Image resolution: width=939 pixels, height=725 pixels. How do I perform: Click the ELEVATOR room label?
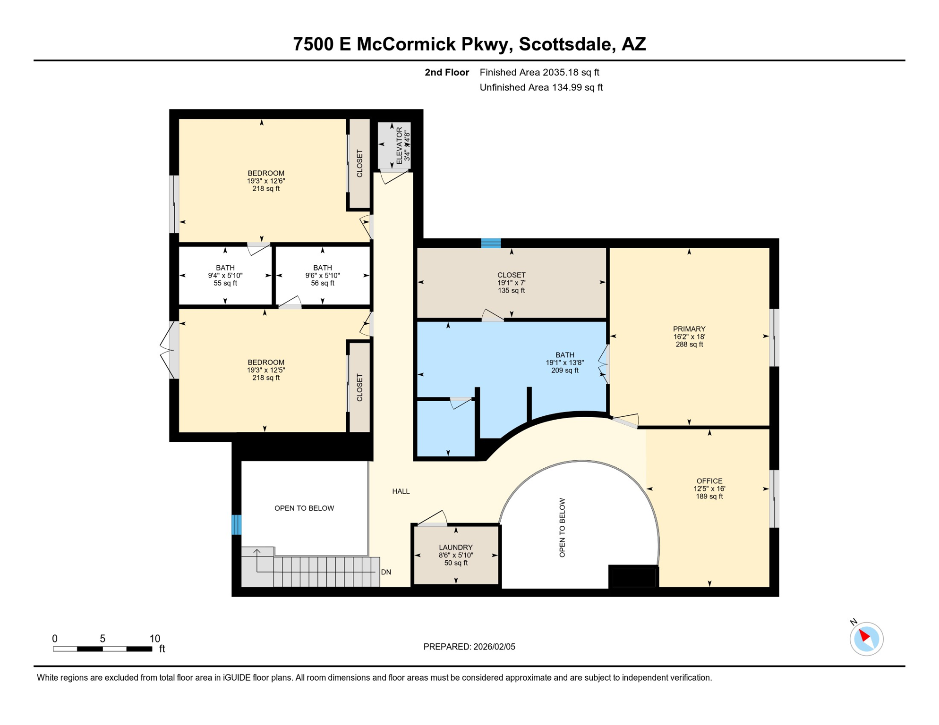[x=399, y=145]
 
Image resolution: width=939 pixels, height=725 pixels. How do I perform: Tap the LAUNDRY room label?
[x=455, y=547]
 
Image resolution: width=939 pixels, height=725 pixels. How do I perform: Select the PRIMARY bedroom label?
[x=689, y=329]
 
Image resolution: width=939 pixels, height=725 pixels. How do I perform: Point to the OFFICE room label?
[x=709, y=481]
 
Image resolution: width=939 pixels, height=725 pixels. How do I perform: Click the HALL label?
[x=401, y=491]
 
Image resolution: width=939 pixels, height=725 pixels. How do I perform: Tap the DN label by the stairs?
[x=386, y=572]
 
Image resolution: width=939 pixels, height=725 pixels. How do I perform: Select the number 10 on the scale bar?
[x=155, y=639]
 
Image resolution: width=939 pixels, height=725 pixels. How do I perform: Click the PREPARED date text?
[x=469, y=647]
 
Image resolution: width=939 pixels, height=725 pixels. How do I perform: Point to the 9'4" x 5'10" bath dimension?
[x=225, y=276]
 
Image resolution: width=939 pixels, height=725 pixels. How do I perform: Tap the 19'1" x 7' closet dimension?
[x=511, y=283]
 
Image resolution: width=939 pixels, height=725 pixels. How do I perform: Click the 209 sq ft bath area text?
[x=564, y=371]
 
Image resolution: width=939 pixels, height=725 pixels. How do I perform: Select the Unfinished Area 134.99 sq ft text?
[x=541, y=87]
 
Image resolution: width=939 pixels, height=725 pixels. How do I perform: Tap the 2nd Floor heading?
[x=446, y=72]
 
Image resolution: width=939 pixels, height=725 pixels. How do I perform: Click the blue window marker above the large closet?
[x=491, y=243]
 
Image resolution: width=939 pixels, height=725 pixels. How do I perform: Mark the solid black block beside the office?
[x=633, y=576]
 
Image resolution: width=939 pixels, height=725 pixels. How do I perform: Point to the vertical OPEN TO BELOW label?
[x=562, y=527]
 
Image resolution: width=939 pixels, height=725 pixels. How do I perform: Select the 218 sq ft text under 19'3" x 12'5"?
[x=265, y=378]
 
